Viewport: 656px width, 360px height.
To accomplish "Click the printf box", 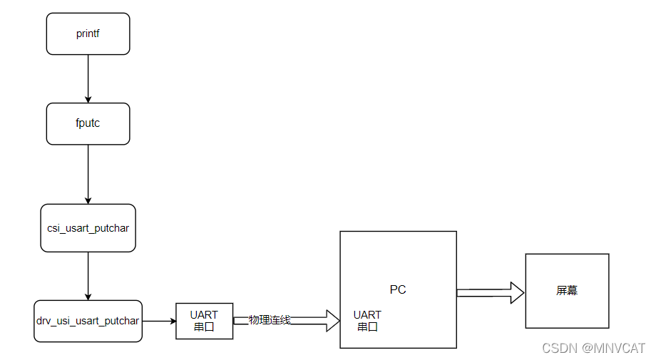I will point(88,34).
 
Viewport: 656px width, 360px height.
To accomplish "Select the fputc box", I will point(88,123).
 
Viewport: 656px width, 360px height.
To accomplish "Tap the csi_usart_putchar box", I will point(88,227).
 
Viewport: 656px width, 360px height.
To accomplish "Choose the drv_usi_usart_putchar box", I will point(88,321).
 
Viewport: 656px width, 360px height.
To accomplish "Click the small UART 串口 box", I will point(204,321).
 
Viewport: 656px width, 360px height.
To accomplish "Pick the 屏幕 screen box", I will point(567,291).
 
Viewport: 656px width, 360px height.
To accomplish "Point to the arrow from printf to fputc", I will point(88,78).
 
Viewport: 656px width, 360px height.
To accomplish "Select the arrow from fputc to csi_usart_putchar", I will point(88,174).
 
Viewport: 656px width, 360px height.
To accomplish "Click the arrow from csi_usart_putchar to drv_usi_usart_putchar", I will point(88,276).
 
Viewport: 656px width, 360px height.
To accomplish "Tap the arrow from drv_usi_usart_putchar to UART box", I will point(159,321).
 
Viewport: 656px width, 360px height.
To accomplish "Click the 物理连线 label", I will point(270,319).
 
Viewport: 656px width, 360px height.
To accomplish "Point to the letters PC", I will point(398,289).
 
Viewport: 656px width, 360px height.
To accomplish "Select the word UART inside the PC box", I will point(367,314).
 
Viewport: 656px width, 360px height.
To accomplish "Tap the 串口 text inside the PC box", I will point(367,326).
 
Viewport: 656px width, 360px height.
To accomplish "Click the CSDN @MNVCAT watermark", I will point(593,348).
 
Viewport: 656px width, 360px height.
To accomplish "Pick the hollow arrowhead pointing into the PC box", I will point(332,321).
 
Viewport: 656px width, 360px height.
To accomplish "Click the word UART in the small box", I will point(204,314).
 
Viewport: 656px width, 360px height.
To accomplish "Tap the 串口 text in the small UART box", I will point(204,327).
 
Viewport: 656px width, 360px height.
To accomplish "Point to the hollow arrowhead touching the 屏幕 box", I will point(517,292).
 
